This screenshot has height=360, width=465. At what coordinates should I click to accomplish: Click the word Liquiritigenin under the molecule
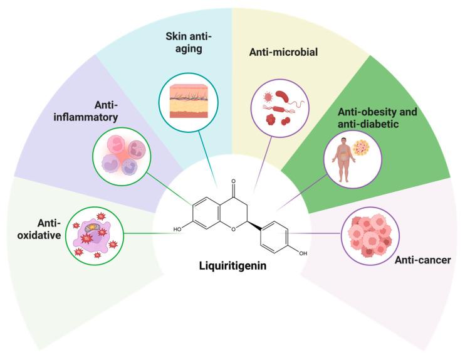pyautogui.click(x=232, y=266)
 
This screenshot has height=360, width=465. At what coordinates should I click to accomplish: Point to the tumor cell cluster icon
pyautogui.click(x=370, y=233)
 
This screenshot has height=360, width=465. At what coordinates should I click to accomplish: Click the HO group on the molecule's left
pyautogui.click(x=179, y=230)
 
